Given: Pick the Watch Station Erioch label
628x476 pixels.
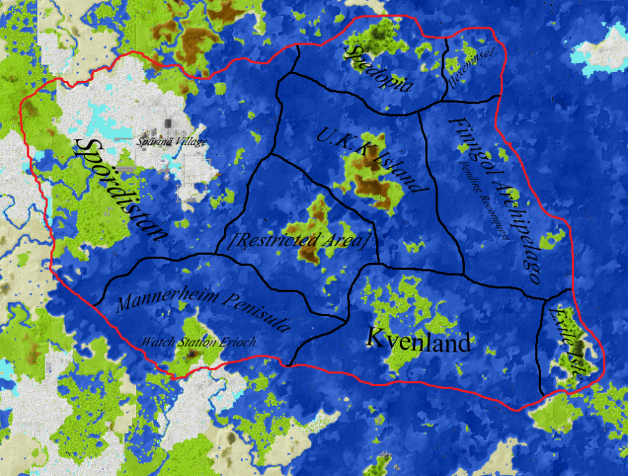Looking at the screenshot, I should click(x=199, y=342).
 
